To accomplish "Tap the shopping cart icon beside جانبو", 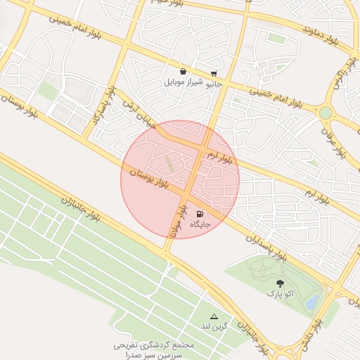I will (x=214, y=72).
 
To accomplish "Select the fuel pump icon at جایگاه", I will (x=201, y=214).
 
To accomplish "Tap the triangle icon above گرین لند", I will (x=214, y=318).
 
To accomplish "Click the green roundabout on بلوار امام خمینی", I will (x=325, y=112).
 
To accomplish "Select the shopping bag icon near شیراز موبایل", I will (x=184, y=71).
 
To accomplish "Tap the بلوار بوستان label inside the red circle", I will (x=148, y=176).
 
